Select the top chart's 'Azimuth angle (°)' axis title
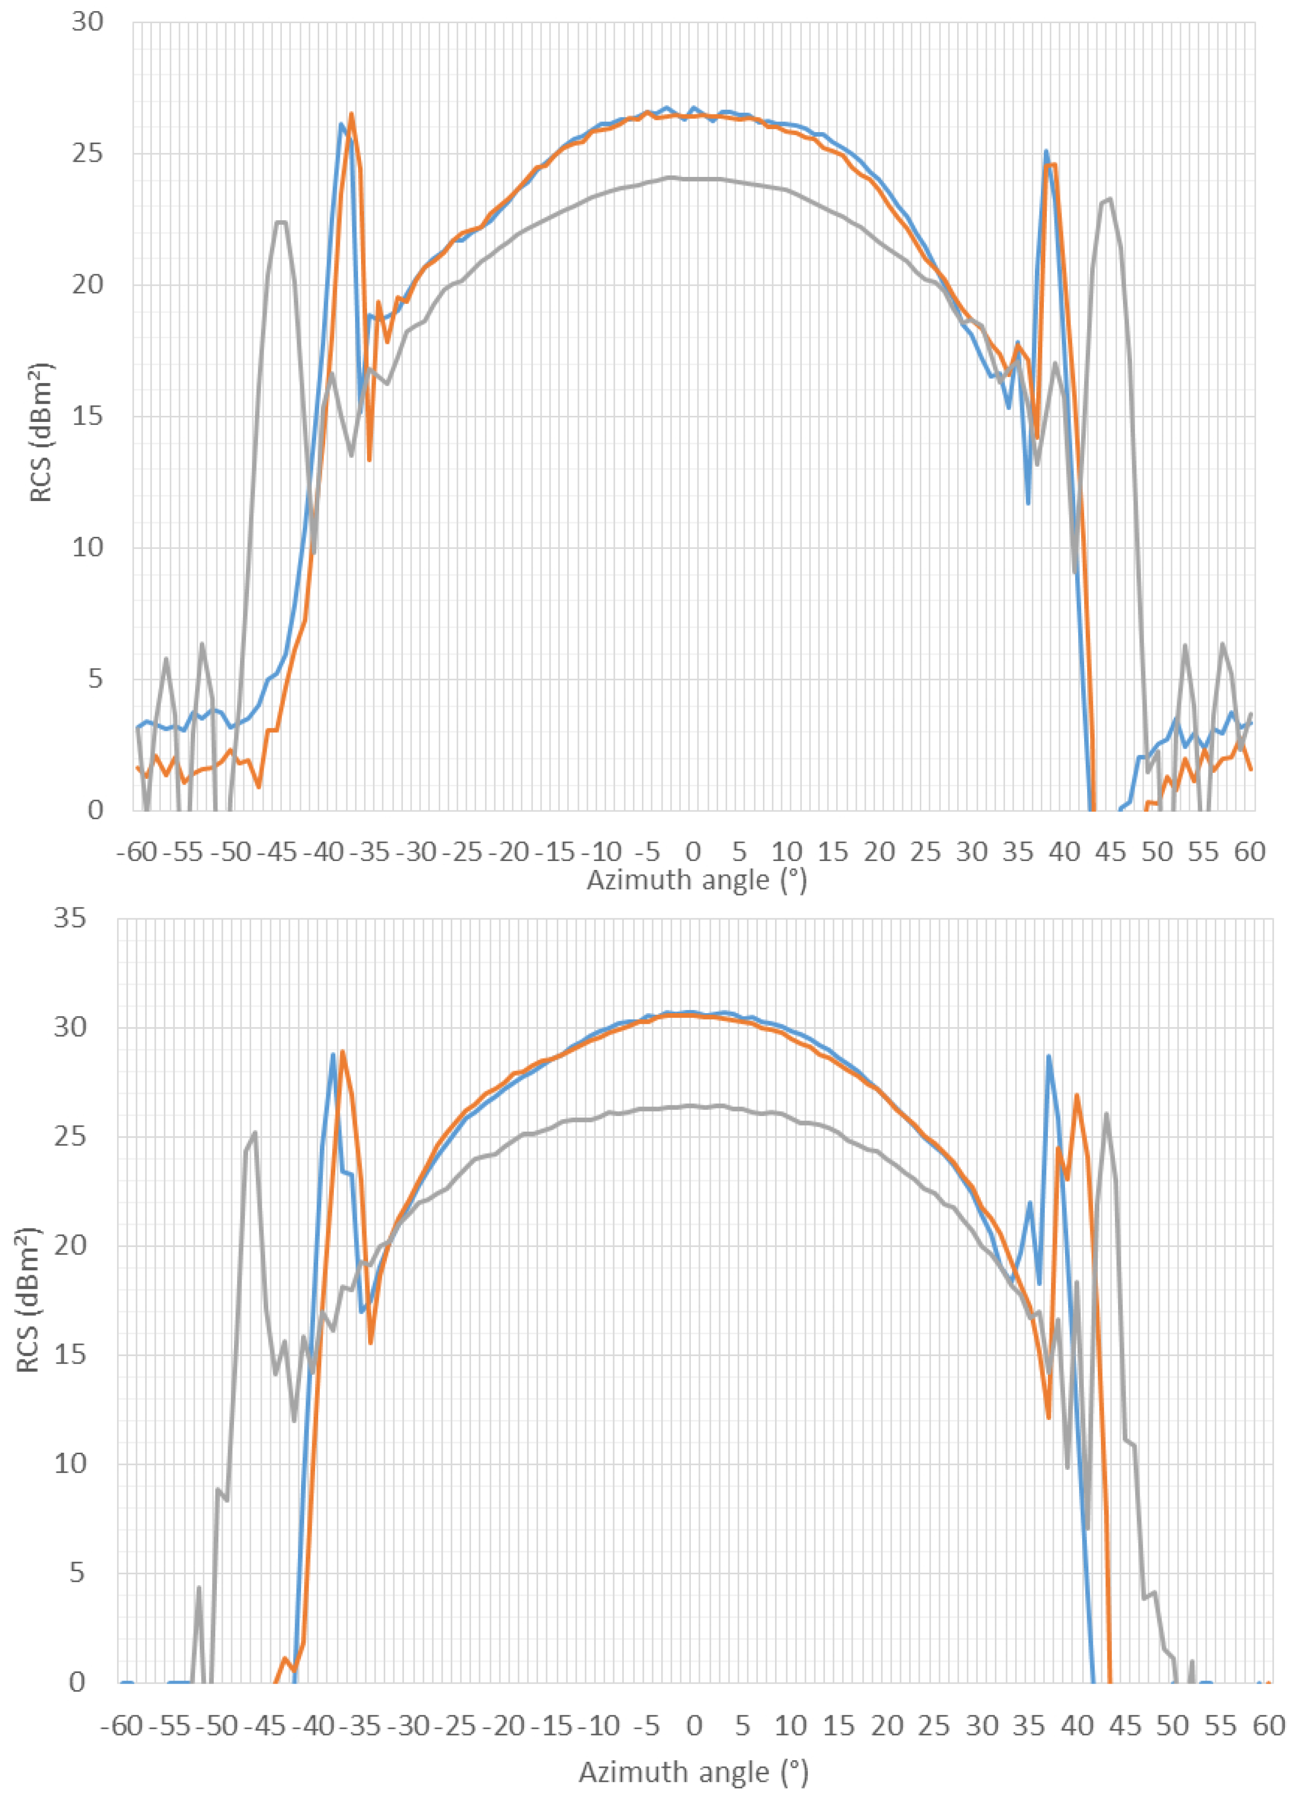coord(696,880)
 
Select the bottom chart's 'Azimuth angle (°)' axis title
coord(692,1771)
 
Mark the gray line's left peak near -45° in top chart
coord(281,222)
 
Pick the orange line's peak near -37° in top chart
coord(351,114)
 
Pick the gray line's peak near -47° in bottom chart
coord(255,1133)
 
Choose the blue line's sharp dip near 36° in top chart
coord(1028,503)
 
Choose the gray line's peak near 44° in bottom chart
coord(1106,1114)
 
